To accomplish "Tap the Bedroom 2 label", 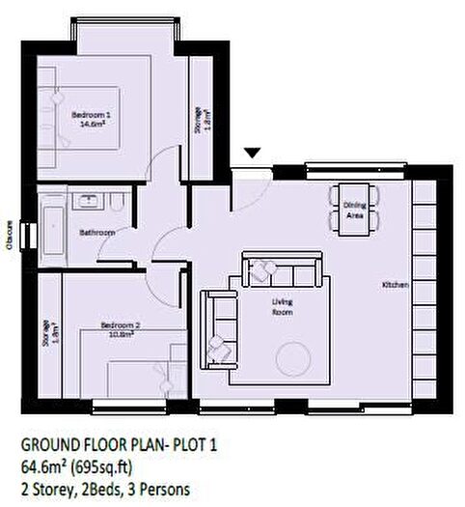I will [123, 325].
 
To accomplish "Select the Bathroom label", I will [98, 233].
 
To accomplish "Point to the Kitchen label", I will [396, 285].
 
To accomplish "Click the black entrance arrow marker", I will [252, 153].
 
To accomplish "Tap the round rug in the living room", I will [294, 358].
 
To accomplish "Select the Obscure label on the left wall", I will [9, 234].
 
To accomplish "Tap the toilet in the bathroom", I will [117, 204].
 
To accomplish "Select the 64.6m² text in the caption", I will [48, 466].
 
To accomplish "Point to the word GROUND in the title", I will [47, 446].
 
